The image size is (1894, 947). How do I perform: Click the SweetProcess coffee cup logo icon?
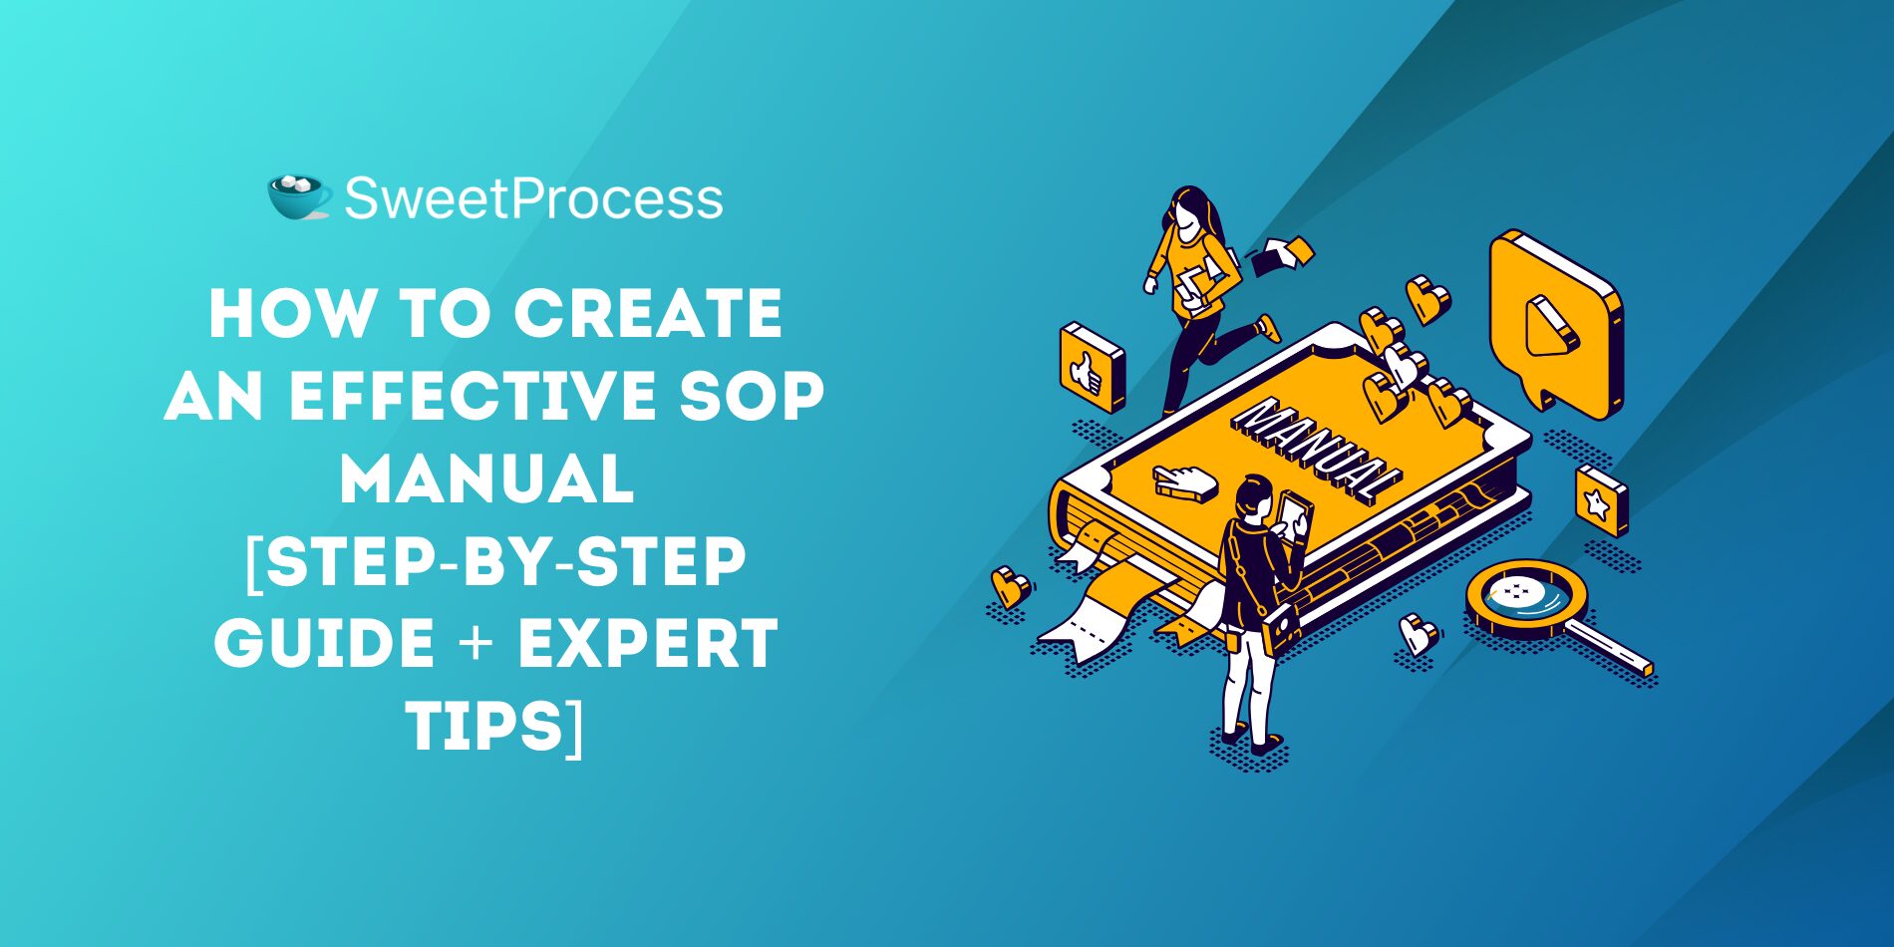point(299,197)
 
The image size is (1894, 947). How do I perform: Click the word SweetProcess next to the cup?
point(533,198)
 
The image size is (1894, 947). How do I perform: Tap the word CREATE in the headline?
point(648,314)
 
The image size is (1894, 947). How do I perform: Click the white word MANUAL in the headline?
point(487,478)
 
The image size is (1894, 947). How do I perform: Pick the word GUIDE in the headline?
point(324,643)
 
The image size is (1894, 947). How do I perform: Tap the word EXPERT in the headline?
point(647,643)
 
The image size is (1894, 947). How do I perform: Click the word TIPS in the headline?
point(484,726)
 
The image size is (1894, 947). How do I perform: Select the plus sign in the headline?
point(475,644)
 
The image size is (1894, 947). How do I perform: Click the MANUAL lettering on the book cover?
point(1317,450)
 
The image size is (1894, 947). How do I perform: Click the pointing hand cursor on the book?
point(1184,481)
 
